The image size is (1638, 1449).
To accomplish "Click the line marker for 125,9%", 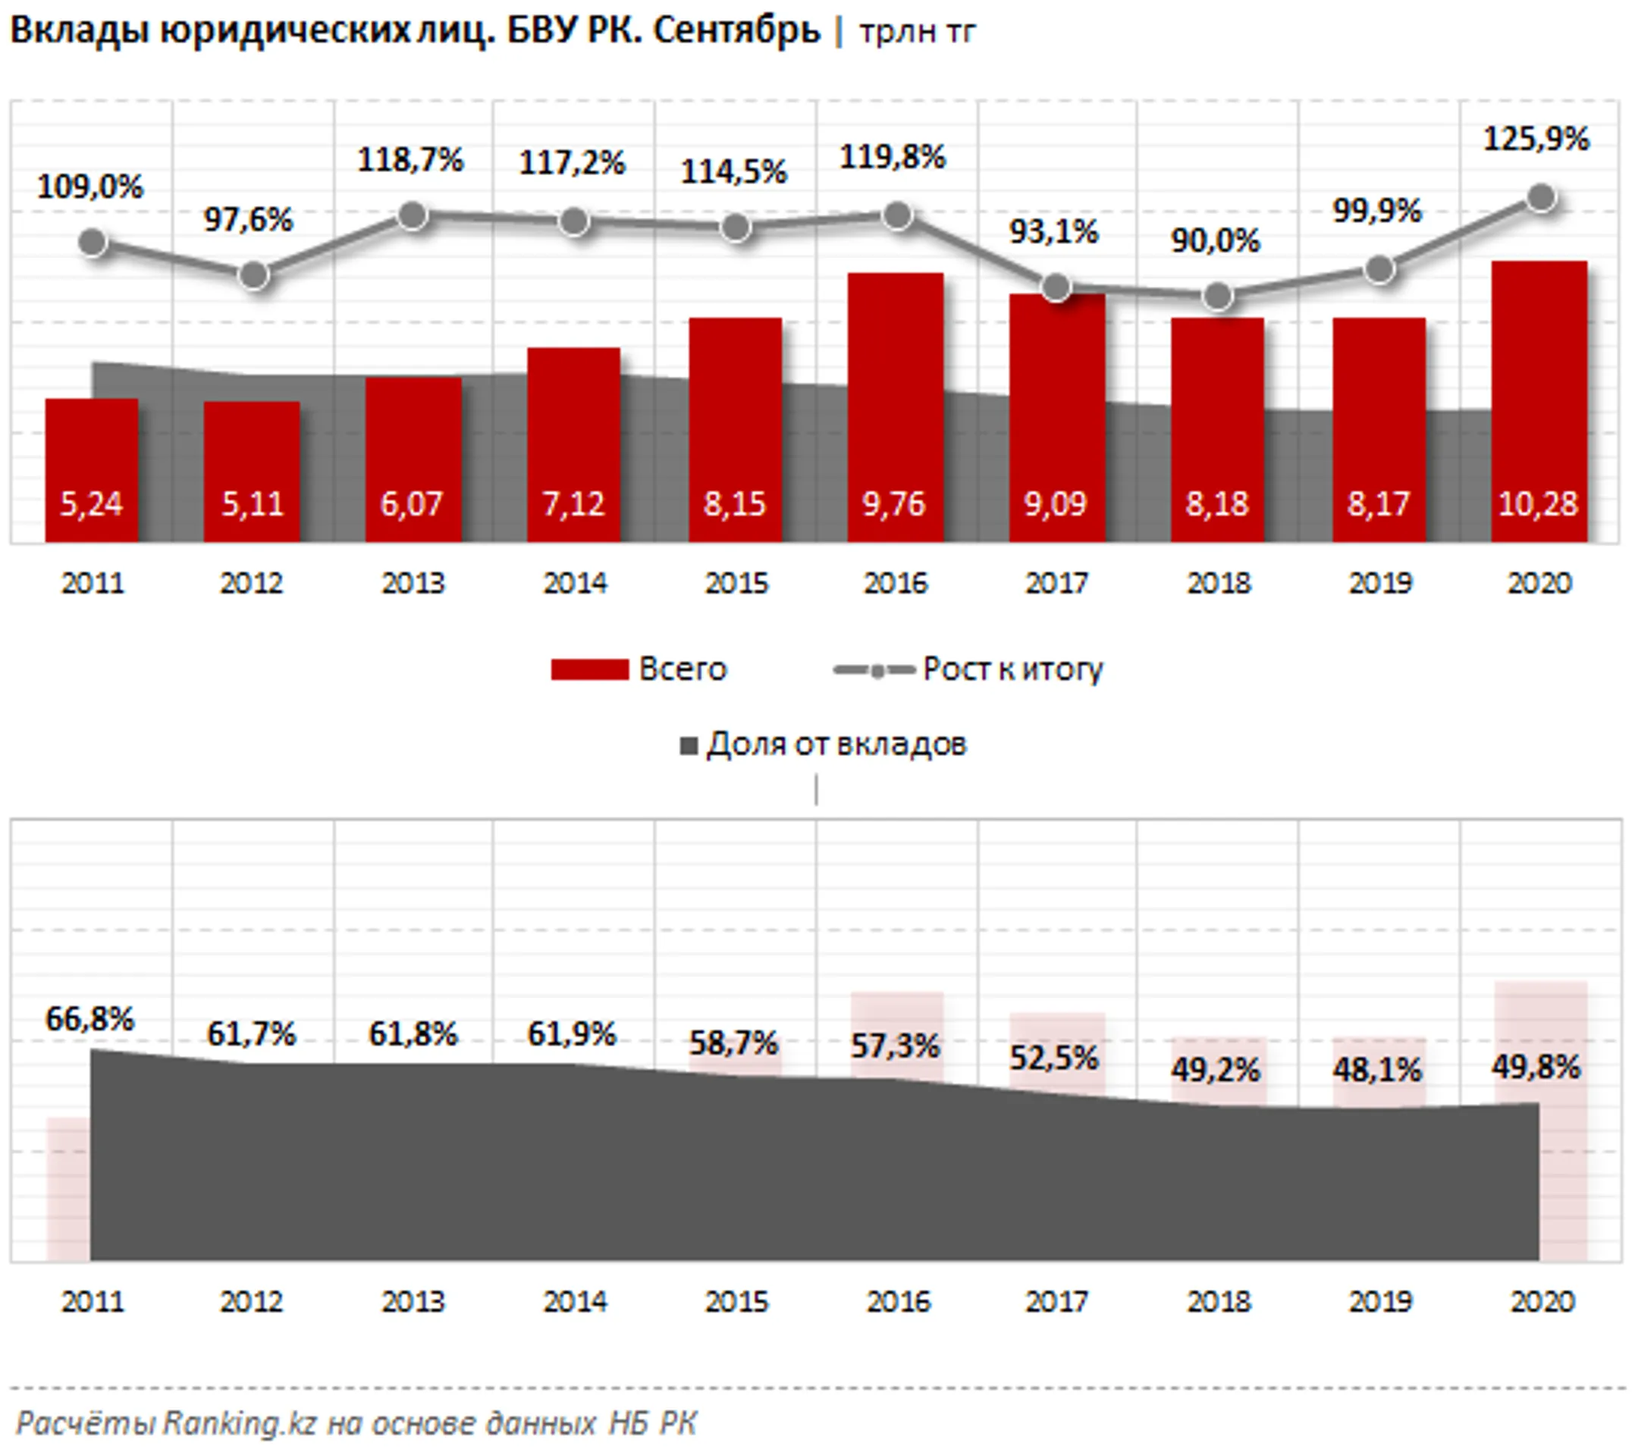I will (1541, 197).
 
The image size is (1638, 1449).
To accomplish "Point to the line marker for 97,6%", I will (254, 276).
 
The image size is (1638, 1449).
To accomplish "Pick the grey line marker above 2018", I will (1217, 296).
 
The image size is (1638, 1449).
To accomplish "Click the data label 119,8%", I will (892, 157).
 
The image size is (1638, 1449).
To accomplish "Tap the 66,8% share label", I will (89, 1018).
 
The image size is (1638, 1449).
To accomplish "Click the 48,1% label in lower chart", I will (1376, 1069).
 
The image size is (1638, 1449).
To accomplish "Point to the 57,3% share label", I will (894, 1045).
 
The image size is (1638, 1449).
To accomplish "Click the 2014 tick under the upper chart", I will (575, 582).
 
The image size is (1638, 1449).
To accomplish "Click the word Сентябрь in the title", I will (736, 30).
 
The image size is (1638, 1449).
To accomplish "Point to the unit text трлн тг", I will (917, 32).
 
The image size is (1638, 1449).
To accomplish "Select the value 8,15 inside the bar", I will (734, 504).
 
